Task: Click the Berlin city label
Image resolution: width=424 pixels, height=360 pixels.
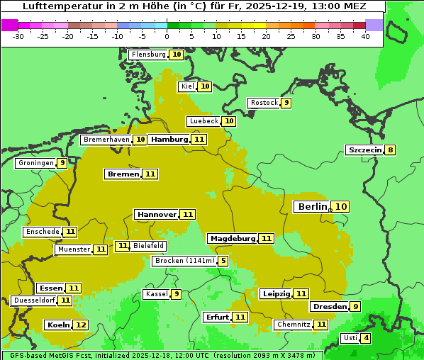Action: (x=312, y=206)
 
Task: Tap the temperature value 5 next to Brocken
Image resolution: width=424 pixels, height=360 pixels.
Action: (x=223, y=261)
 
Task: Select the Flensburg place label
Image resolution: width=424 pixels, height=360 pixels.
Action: (x=148, y=55)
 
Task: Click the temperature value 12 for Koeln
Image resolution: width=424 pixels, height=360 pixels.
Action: (x=81, y=325)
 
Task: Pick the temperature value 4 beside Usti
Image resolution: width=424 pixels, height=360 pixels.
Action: (x=366, y=338)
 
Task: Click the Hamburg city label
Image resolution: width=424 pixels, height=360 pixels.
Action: (x=169, y=140)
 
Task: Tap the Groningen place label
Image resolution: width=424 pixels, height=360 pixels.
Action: (x=36, y=163)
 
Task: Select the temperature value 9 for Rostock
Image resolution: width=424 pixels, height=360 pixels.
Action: (x=286, y=103)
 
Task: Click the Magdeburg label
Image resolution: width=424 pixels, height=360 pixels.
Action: (x=233, y=239)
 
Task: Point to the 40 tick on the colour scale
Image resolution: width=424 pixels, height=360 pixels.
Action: (x=365, y=36)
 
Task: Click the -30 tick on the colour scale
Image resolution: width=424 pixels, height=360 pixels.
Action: (x=18, y=36)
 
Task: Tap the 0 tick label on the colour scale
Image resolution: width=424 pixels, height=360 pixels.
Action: (x=167, y=36)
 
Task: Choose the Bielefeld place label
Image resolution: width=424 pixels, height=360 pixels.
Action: (x=149, y=246)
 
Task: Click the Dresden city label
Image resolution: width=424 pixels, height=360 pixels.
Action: (x=329, y=307)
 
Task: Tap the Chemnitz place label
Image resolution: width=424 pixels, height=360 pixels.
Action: (x=294, y=325)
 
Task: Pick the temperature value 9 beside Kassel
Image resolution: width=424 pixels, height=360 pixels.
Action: (x=176, y=294)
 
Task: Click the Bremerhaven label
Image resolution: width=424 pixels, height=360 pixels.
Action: (x=106, y=140)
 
